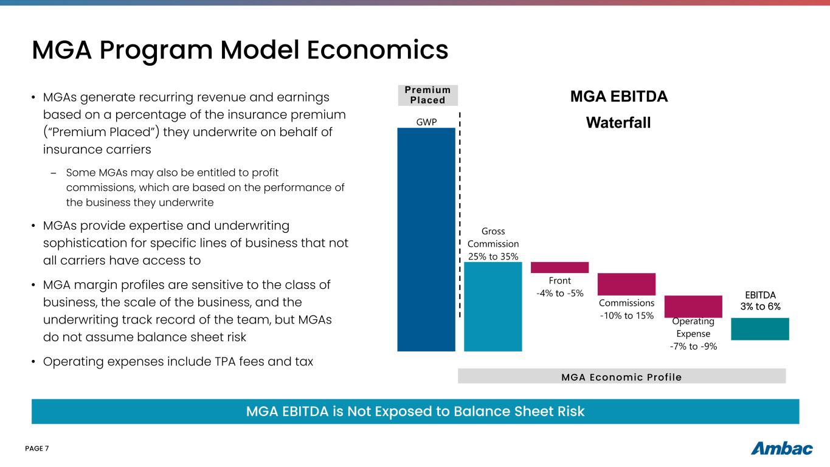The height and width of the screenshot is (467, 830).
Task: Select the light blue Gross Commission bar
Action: (493, 306)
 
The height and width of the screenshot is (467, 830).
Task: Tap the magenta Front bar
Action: (559, 267)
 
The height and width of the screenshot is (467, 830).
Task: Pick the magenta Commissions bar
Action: (626, 284)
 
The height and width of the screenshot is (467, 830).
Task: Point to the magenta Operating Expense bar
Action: (693, 306)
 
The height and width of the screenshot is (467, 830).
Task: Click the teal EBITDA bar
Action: (759, 328)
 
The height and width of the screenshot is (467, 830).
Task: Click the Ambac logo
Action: (781, 449)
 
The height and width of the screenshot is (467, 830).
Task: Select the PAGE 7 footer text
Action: (36, 449)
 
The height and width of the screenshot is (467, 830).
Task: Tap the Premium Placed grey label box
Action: (427, 95)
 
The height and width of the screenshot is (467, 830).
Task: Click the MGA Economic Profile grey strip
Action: (621, 377)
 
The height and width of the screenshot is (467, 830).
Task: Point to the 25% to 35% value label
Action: (493, 257)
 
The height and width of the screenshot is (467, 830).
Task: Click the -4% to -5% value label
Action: (559, 293)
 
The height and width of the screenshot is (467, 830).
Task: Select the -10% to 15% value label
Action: (626, 316)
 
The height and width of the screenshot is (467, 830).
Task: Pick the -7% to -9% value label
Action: (693, 346)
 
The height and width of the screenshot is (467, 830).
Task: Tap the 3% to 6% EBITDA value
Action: (760, 306)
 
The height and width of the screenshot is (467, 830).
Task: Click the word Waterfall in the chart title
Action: (618, 123)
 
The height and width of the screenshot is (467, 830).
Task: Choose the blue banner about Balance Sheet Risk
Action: (415, 412)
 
